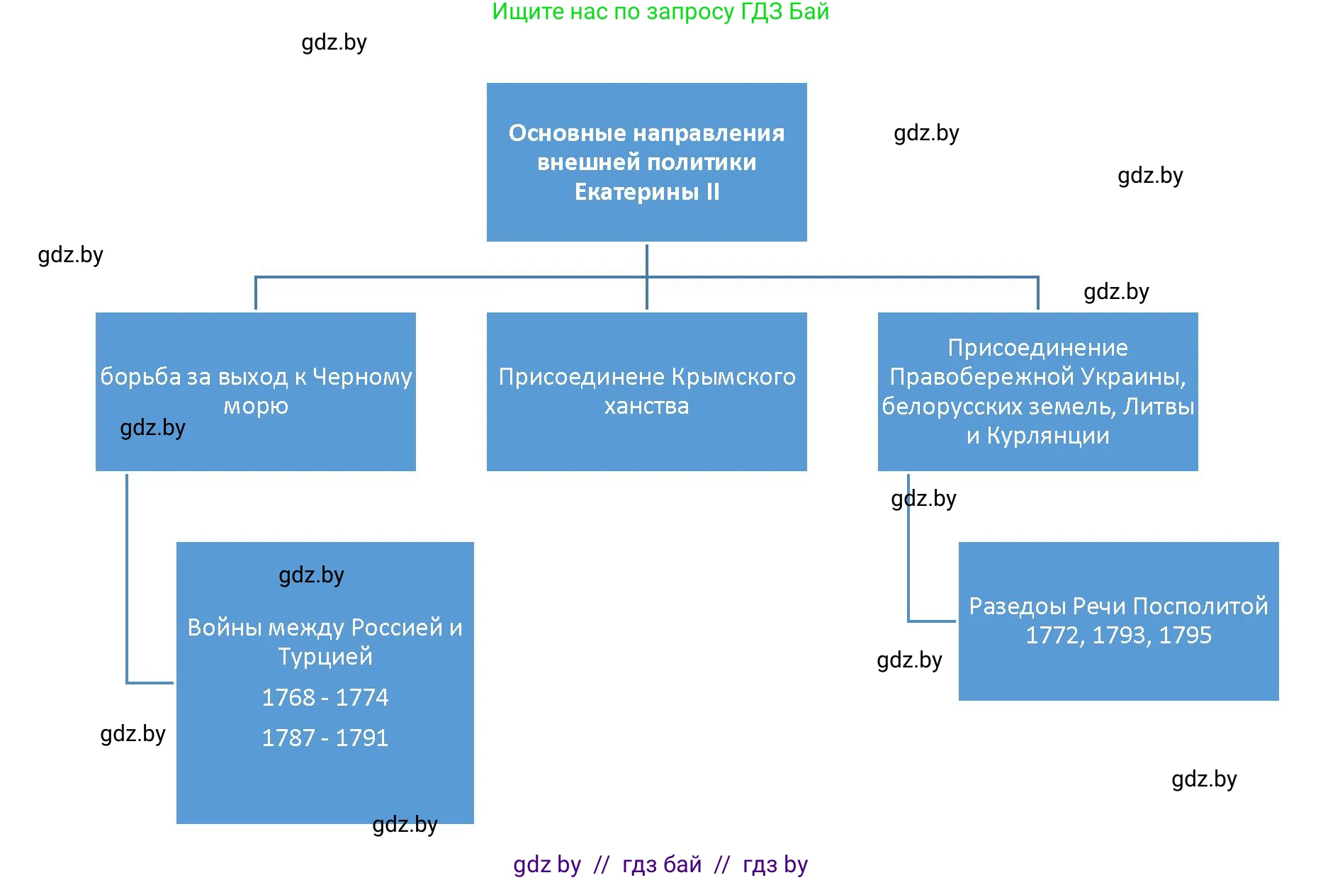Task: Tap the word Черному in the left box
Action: point(362,377)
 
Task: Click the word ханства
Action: point(646,406)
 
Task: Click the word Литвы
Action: point(1159,407)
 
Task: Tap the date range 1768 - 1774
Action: point(325,698)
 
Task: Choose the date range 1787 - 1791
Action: point(325,738)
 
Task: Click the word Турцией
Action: point(325,657)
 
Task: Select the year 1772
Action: point(1054,636)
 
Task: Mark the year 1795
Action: point(1186,636)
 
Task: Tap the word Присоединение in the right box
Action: point(1037,348)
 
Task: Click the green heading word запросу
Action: point(691,12)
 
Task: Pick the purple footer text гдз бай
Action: point(661,864)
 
